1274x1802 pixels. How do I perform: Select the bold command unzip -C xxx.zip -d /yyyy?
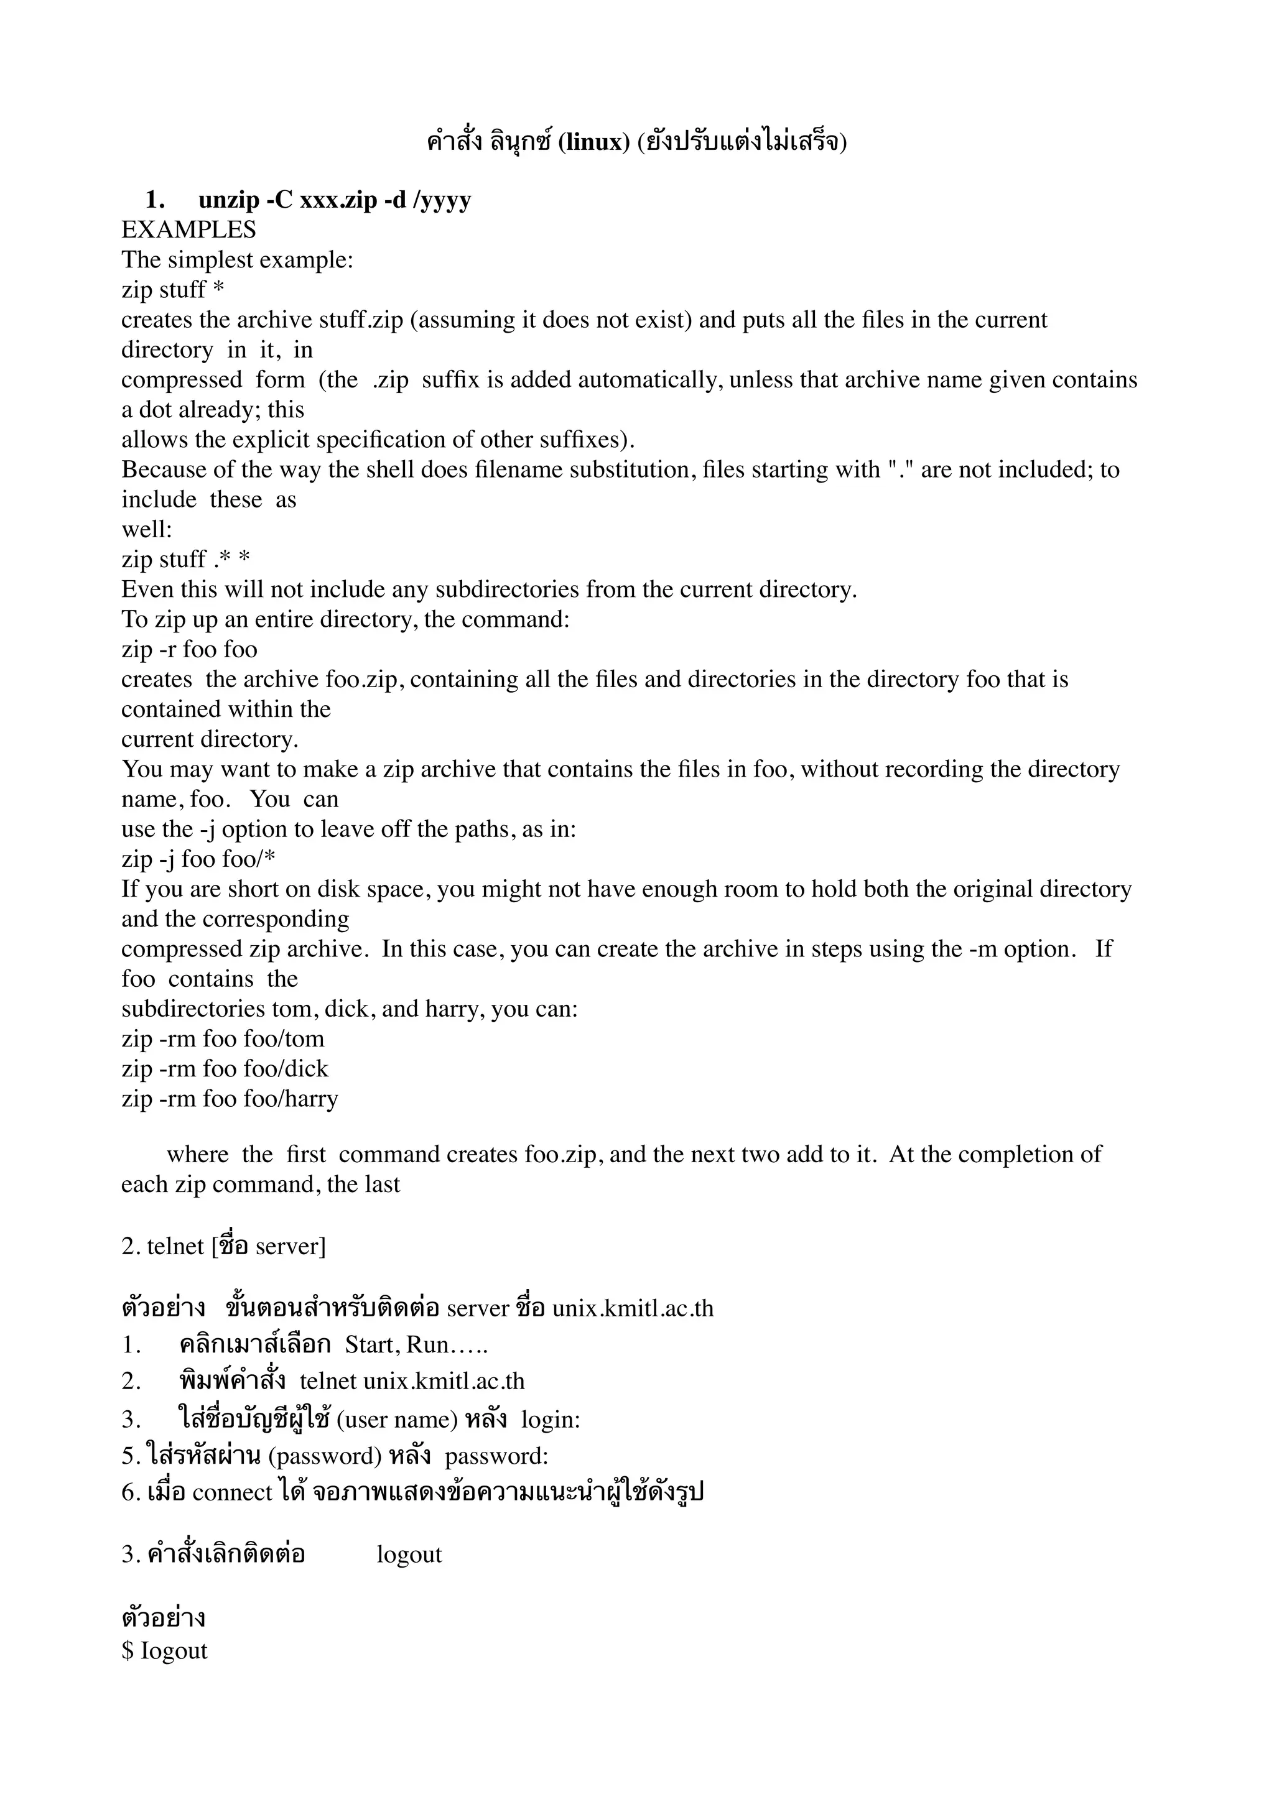tap(335, 200)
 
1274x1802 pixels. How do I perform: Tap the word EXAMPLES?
tap(188, 230)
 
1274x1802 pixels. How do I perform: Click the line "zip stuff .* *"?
tap(185, 560)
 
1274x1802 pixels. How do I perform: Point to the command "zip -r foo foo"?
tap(189, 650)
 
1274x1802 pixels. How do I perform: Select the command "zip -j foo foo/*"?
tap(198, 859)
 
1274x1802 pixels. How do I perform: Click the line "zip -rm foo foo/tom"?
tap(222, 1039)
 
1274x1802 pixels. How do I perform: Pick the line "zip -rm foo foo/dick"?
tap(225, 1069)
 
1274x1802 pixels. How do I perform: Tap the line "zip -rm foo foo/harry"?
tap(229, 1099)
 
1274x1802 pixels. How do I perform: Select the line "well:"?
tap(146, 530)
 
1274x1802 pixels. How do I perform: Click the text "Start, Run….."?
tap(416, 1345)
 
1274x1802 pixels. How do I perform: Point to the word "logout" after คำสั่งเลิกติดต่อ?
tap(409, 1555)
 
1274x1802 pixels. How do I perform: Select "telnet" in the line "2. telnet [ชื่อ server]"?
tap(175, 1246)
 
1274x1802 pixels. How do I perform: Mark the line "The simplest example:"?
tap(237, 261)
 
